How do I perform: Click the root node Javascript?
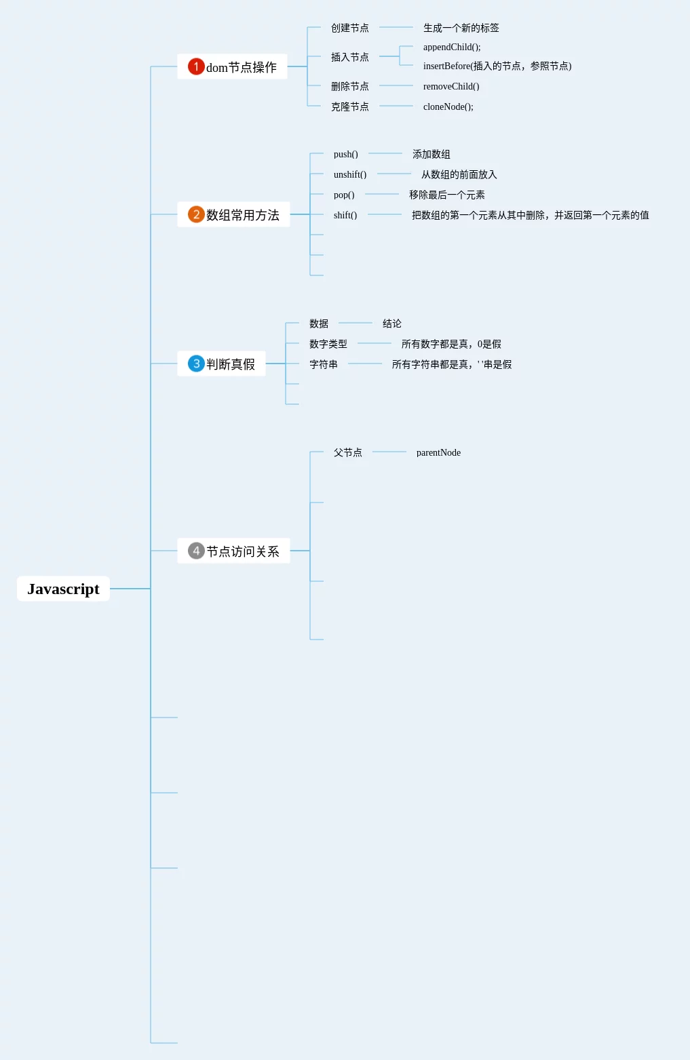click(63, 589)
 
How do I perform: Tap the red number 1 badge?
click(196, 66)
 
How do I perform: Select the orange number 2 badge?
click(196, 214)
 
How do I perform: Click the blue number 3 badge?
click(196, 364)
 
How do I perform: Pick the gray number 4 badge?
click(196, 551)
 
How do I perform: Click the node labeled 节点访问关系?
click(242, 551)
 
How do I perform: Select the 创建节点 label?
click(349, 28)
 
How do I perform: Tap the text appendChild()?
click(452, 47)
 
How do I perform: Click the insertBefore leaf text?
click(497, 66)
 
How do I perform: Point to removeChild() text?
click(451, 86)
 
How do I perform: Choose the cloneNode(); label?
click(448, 106)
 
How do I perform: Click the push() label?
click(345, 154)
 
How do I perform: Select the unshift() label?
click(350, 174)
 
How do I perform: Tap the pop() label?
click(344, 195)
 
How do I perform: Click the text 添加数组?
click(432, 154)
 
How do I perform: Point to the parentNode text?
click(438, 452)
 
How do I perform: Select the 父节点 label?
click(347, 452)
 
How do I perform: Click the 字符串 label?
click(324, 364)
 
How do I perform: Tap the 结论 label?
click(392, 323)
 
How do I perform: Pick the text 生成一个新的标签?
click(461, 28)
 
